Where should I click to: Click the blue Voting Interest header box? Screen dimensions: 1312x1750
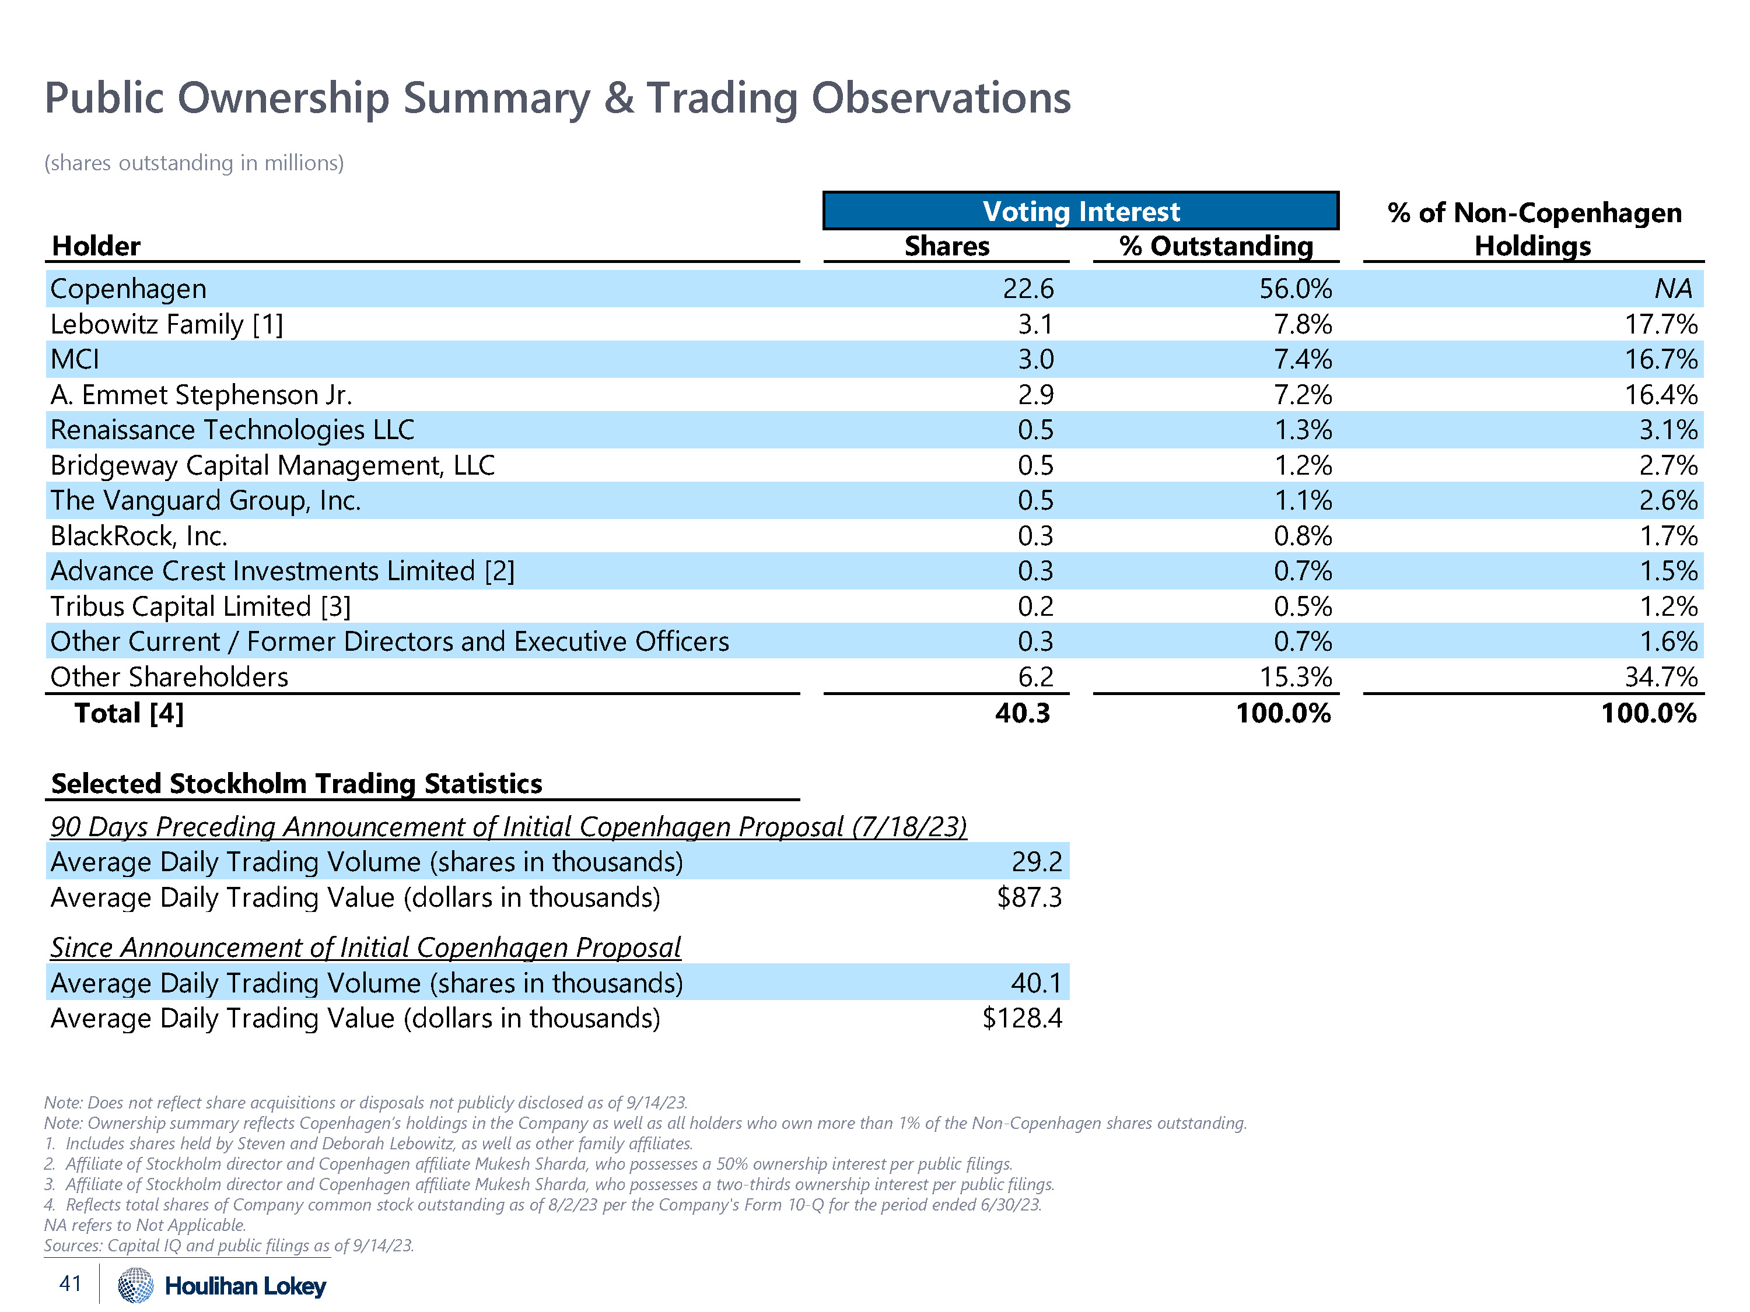(1081, 211)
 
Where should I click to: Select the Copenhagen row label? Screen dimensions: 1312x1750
(128, 289)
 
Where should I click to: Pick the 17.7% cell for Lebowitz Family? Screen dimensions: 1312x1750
(1661, 324)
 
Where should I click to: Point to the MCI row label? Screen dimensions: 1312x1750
(75, 359)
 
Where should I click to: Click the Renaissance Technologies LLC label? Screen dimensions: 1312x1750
(232, 429)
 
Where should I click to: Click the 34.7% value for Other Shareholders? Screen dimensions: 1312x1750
(1661, 677)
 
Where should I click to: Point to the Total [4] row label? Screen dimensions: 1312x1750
(129, 713)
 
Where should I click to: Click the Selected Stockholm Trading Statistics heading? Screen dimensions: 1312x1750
(297, 783)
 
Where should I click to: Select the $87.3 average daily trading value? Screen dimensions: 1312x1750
(1028, 897)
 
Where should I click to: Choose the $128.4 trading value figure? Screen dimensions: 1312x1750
(1022, 1018)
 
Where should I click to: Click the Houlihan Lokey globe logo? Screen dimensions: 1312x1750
(136, 1285)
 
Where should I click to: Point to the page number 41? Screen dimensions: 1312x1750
(71, 1283)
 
